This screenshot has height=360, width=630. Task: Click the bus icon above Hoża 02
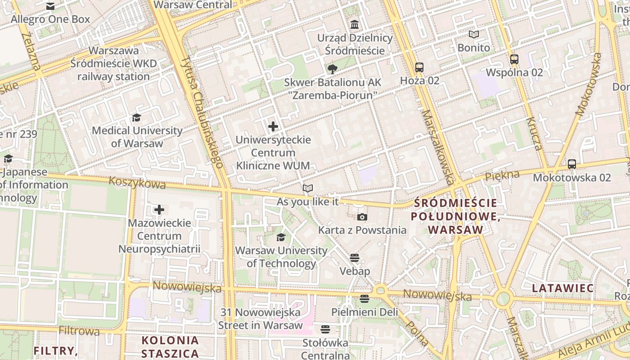[419, 67]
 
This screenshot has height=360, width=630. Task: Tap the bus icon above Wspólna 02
[514, 59]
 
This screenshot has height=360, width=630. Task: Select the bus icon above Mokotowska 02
[571, 164]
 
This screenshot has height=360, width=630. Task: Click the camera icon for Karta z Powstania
[362, 217]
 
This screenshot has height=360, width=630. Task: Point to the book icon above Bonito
[474, 34]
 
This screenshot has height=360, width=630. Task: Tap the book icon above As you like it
[307, 188]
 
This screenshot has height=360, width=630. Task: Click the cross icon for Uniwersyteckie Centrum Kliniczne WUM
[273, 126]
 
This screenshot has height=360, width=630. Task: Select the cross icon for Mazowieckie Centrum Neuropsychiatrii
[159, 210]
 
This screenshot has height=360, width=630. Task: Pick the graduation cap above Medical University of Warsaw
[136, 118]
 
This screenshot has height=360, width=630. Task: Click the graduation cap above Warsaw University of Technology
[281, 237]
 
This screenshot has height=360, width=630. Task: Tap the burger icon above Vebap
[355, 258]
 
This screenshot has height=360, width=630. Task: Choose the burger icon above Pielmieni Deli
[364, 299]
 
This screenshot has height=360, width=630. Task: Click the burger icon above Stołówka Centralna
[325, 329]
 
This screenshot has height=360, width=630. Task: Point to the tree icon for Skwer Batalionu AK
[333, 69]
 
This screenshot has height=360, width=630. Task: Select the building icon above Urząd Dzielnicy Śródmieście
[355, 24]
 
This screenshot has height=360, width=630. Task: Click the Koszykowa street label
[137, 183]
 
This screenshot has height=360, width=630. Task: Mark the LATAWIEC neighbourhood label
[562, 288]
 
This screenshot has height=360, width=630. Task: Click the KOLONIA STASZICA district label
[170, 346]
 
